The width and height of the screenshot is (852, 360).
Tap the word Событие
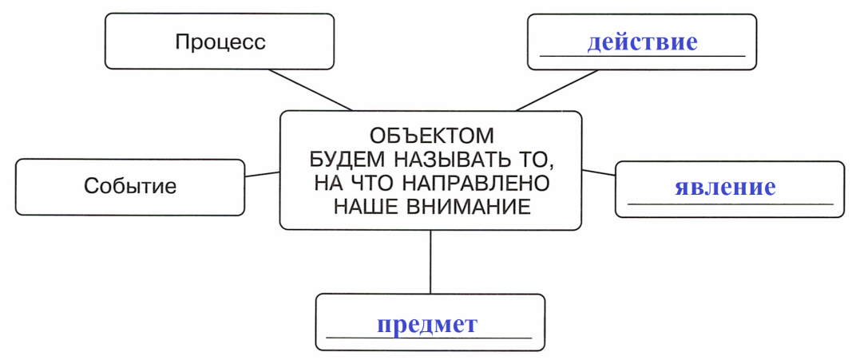click(x=130, y=186)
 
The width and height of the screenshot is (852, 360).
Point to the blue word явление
click(x=725, y=188)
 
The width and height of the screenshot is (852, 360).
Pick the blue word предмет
click(x=427, y=324)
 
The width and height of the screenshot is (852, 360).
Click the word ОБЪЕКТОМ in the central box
click(x=433, y=135)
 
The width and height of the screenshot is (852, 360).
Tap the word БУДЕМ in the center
click(x=346, y=160)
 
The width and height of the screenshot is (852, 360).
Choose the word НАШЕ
click(x=367, y=207)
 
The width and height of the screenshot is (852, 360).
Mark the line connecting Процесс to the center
click(x=311, y=89)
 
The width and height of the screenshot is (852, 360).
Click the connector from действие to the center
click(x=557, y=90)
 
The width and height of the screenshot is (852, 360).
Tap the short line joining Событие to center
click(x=262, y=174)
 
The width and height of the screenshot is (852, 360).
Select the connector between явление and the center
click(x=598, y=172)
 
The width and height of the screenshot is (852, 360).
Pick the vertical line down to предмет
click(x=430, y=262)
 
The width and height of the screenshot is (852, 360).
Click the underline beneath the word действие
click(x=642, y=56)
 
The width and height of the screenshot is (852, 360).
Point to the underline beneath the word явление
click(x=730, y=204)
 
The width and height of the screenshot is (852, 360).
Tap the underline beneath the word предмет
click(x=429, y=338)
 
